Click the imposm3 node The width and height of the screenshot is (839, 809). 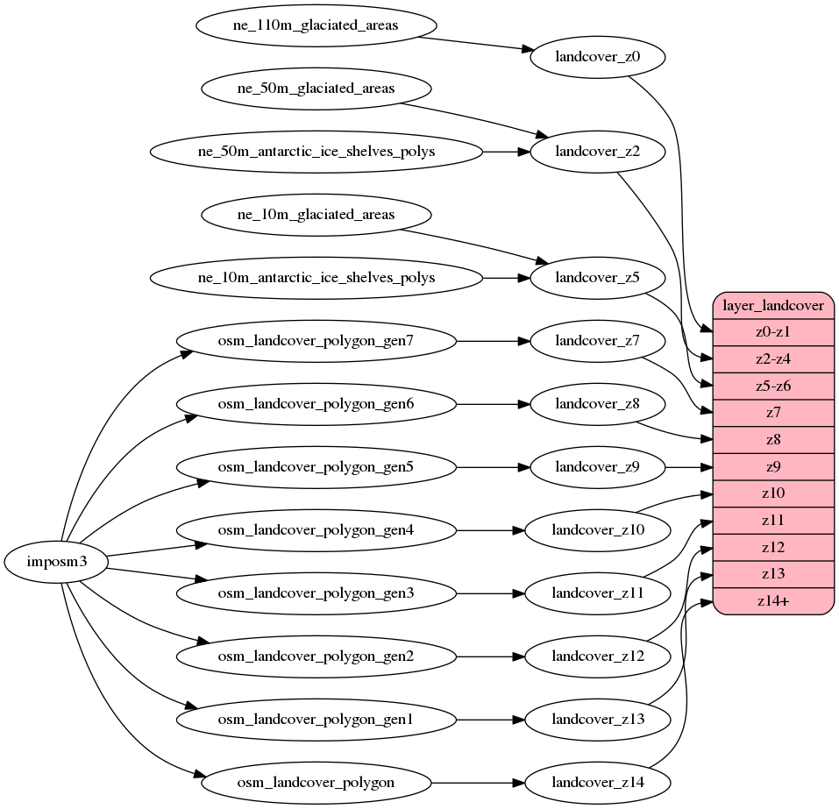pyautogui.click(x=57, y=562)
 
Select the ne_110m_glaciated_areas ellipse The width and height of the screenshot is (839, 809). pyautogui.click(x=316, y=25)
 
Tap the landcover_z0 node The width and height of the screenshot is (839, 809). pyautogui.click(x=598, y=58)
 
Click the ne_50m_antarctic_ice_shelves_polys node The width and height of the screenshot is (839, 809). pyautogui.click(x=316, y=152)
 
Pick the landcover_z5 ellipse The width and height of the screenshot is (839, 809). pyautogui.click(x=598, y=278)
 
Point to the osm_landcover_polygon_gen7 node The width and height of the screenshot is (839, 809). pyautogui.click(x=316, y=341)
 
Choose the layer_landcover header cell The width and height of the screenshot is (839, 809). pyautogui.click(x=773, y=305)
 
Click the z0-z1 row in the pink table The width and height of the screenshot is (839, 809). pyautogui.click(x=773, y=332)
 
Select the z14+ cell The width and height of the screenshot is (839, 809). pyautogui.click(x=773, y=601)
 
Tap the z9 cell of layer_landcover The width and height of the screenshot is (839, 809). pyautogui.click(x=773, y=467)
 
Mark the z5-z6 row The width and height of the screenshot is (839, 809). pyautogui.click(x=773, y=387)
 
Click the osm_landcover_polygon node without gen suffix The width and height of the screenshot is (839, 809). pyautogui.click(x=316, y=782)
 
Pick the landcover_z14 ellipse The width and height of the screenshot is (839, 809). pyautogui.click(x=598, y=782)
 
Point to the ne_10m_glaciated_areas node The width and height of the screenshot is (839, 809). pyautogui.click(x=316, y=215)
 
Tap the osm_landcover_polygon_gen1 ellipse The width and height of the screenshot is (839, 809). pyautogui.click(x=316, y=719)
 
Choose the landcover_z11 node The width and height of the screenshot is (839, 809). pyautogui.click(x=598, y=593)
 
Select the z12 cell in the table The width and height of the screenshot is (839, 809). pyautogui.click(x=773, y=548)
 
